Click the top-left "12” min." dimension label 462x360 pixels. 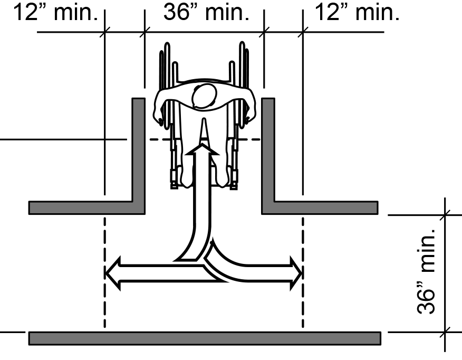(56, 12)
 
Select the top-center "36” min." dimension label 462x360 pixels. (206, 12)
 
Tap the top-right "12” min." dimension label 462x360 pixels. (357, 12)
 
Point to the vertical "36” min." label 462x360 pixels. (426, 271)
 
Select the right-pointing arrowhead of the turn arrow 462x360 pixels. (296, 273)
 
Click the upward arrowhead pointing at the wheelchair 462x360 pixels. (203, 149)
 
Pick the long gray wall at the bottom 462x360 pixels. (205, 338)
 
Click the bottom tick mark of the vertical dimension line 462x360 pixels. (445, 332)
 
